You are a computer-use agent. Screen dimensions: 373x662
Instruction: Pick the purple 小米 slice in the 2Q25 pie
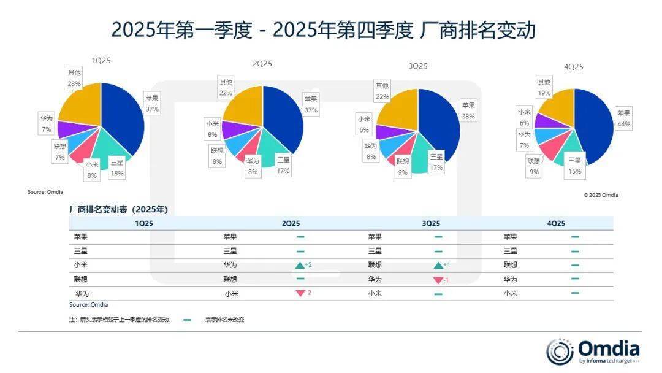click(232, 129)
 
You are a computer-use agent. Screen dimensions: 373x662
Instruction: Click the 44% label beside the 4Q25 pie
click(624, 125)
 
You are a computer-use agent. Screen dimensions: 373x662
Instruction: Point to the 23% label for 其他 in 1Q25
click(74, 83)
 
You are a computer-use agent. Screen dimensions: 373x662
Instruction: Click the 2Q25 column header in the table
click(291, 224)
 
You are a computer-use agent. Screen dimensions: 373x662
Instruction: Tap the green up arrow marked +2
click(300, 265)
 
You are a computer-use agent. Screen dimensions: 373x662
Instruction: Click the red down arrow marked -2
click(300, 293)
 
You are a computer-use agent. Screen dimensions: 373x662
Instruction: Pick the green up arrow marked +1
click(438, 265)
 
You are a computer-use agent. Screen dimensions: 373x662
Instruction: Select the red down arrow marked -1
click(438, 280)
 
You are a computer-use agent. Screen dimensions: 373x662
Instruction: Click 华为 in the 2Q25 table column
click(230, 265)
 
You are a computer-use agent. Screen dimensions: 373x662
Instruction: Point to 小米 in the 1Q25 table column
click(80, 265)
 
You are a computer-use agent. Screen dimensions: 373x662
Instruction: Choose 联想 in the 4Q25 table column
click(510, 265)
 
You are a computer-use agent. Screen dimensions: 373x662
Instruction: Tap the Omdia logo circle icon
click(560, 352)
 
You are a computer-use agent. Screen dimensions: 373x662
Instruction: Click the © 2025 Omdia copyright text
click(601, 195)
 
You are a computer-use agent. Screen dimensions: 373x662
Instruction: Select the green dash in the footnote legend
click(187, 320)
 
